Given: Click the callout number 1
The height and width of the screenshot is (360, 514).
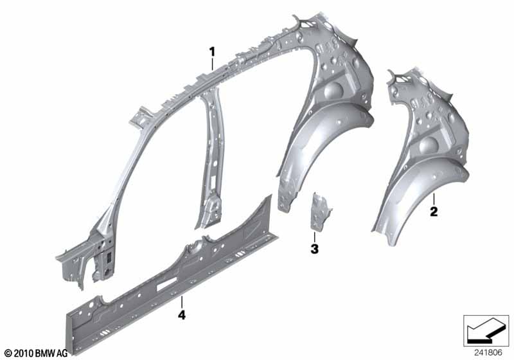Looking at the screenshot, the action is [x=213, y=52].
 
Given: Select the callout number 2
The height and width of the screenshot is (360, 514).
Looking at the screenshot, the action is [x=434, y=212].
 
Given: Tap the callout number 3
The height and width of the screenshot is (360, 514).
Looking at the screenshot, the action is [x=314, y=249].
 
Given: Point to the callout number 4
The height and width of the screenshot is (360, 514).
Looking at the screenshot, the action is [x=182, y=315].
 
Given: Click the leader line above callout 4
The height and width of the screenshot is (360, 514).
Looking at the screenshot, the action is [x=182, y=301].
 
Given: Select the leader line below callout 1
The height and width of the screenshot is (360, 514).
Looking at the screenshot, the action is [x=213, y=64].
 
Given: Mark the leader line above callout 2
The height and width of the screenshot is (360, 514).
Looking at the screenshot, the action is [x=434, y=199].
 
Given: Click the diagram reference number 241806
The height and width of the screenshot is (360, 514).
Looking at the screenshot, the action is [x=488, y=353].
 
